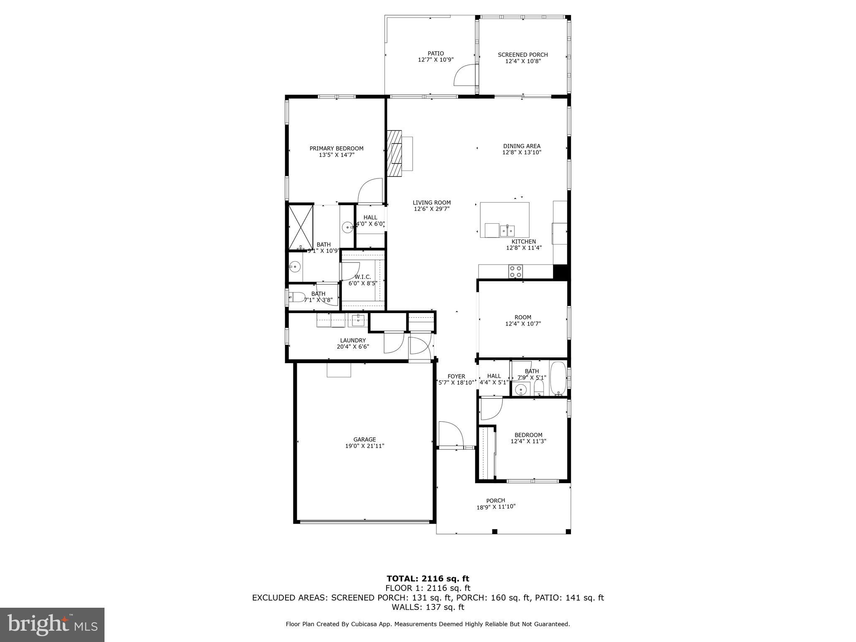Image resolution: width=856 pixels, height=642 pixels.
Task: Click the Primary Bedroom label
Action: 336,148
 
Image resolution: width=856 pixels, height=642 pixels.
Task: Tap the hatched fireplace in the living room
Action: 394,153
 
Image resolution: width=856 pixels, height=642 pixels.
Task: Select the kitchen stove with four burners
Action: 515,272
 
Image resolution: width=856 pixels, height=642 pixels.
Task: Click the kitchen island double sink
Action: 507,230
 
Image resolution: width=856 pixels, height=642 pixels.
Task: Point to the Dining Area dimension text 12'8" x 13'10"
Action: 522,153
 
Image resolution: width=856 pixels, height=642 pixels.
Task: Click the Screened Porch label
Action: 522,55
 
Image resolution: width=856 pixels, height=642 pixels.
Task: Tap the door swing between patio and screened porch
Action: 465,75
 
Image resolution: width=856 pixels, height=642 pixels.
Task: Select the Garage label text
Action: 364,439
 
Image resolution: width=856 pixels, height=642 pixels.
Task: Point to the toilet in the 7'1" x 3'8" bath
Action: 297,297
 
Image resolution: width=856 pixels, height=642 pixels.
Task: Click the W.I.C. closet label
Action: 362,277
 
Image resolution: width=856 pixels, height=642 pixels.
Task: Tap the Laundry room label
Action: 353,340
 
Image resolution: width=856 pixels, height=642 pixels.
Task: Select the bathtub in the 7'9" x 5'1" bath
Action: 558,378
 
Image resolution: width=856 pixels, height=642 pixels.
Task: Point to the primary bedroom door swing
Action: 371,191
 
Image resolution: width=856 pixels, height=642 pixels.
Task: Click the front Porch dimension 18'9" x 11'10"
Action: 496,507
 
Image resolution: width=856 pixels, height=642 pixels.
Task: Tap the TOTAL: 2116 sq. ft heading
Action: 428,578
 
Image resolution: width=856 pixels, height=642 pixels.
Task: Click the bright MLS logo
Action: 52,624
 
